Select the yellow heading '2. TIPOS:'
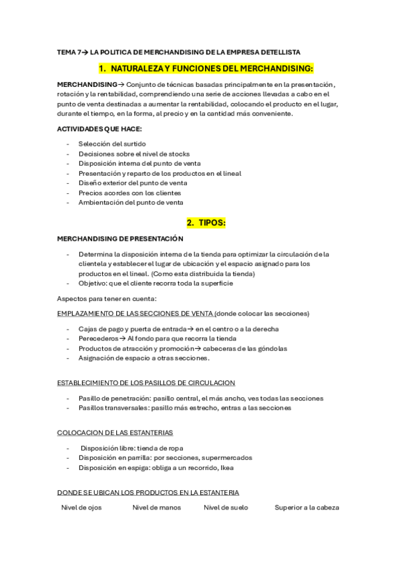pos(206,223)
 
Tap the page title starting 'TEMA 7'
pos(179,51)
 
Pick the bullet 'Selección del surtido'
pos(112,144)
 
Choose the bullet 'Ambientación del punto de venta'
pos(130,202)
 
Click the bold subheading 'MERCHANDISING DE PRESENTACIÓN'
pos(120,239)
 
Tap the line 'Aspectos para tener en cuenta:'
pos(106,298)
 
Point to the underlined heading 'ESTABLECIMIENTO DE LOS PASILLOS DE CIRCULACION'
pos(146,382)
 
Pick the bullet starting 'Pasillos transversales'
pos(184,407)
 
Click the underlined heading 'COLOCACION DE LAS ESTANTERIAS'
pos(116,432)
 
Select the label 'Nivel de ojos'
pos(81,507)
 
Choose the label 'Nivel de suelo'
pos(226,507)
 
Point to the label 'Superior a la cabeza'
pos(307,507)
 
